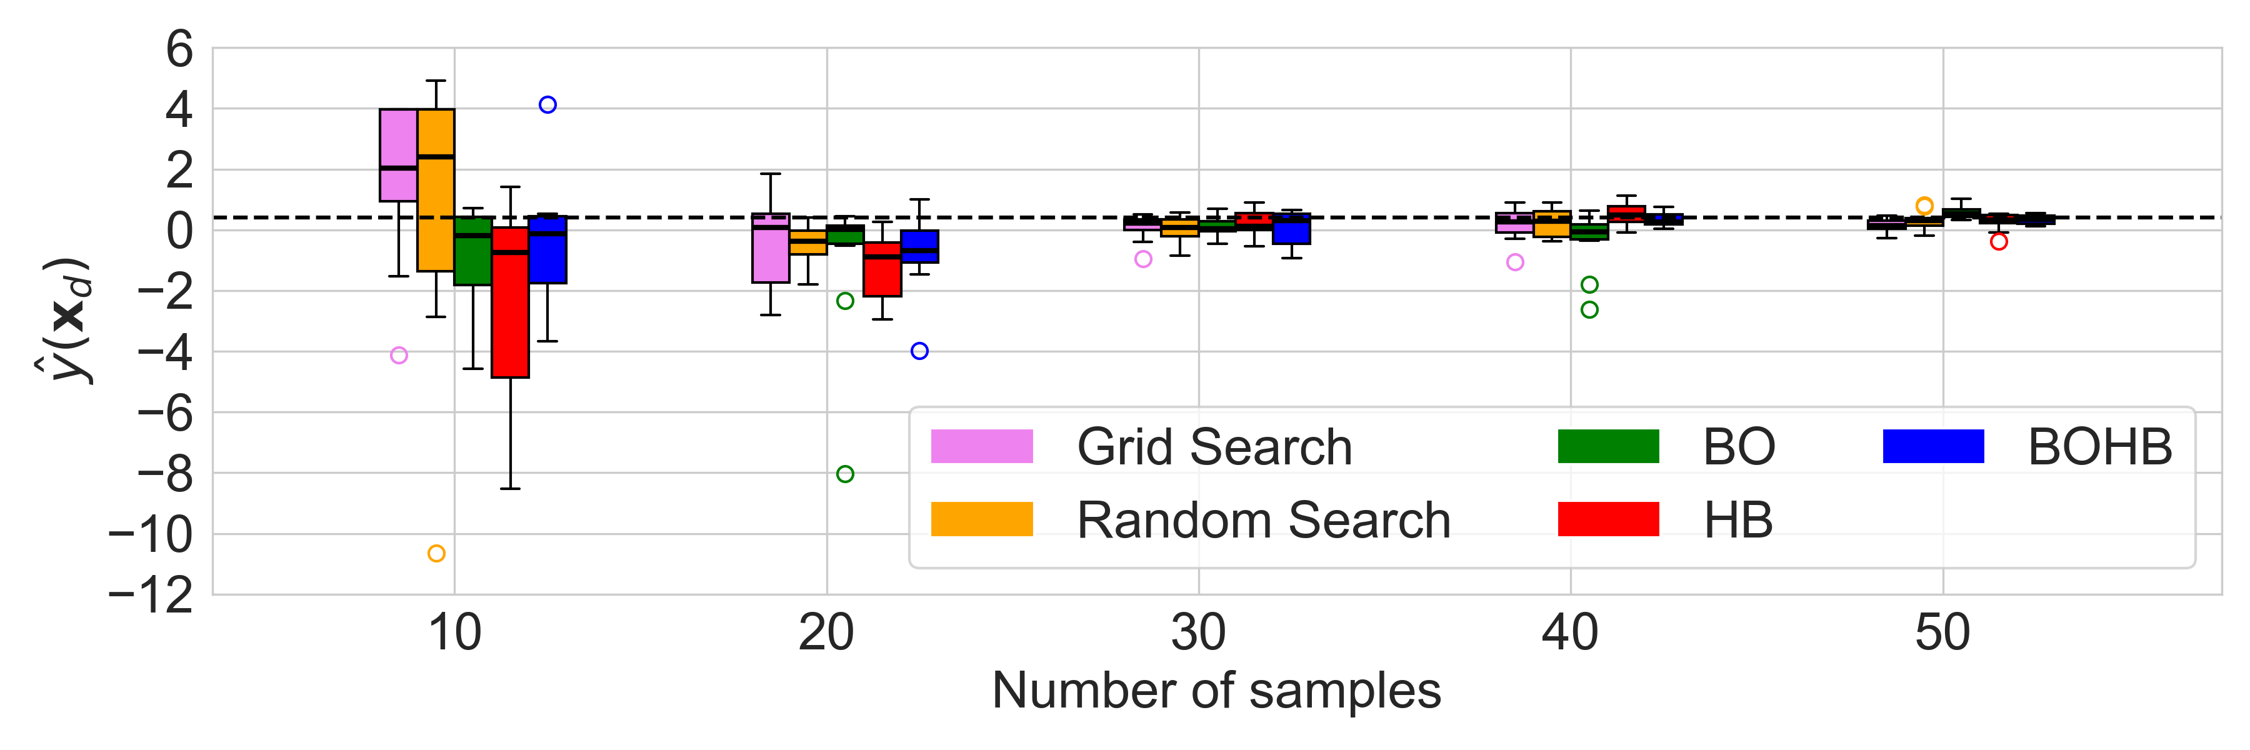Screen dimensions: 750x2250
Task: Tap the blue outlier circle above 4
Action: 547,105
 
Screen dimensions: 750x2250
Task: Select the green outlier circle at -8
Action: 844,474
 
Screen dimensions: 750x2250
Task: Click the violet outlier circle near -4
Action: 399,356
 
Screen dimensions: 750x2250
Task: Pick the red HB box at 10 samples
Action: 510,302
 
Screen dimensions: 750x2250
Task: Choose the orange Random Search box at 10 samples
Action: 436,191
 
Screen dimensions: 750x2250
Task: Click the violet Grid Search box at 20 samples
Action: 771,248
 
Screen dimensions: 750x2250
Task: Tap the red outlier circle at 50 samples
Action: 1999,242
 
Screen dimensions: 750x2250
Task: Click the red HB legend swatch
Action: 1608,519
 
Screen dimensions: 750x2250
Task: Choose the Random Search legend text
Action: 1263,521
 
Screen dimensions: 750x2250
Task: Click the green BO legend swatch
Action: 1608,446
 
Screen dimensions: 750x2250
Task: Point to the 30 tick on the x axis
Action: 1198,633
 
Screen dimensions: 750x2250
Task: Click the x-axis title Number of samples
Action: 1216,691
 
